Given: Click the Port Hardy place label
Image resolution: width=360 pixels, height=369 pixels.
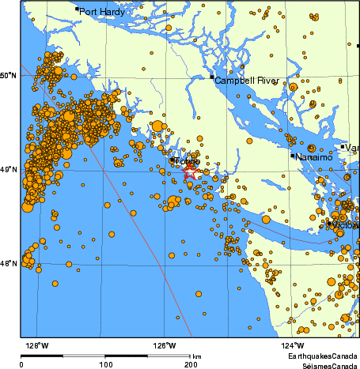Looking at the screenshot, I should pos(102,12).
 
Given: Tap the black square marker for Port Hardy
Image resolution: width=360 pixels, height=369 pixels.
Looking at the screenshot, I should pos(77,9).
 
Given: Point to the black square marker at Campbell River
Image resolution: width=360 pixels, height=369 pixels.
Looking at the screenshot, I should pos(211,77).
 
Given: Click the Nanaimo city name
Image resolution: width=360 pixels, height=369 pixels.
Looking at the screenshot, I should pos(316,157).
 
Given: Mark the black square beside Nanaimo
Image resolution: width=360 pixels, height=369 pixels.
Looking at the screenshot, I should pos(293,156).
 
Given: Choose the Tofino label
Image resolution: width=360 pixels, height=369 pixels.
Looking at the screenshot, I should pos(188,162).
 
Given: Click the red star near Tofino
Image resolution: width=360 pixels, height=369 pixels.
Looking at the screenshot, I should pos(191,171).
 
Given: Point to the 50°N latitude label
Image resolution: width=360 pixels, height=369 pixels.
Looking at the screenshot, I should pos(8,75).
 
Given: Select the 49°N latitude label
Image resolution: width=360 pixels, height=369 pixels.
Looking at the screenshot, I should pos(8,169).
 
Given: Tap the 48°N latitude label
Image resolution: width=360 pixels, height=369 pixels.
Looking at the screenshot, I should pos(8,264).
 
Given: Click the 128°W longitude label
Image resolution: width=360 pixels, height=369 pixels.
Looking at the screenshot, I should pos(36,345).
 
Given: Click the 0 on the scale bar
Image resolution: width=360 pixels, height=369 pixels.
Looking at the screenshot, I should pos(21,364).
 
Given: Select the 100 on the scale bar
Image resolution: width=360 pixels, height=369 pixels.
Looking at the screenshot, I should pos(105,364).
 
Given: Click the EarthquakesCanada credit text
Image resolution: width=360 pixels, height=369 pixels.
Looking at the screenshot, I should pos(323,357).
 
